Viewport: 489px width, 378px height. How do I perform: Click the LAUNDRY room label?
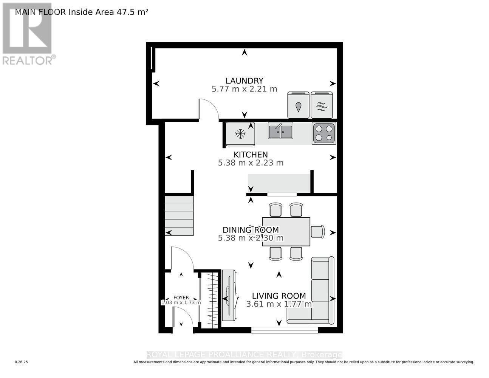[x=244, y=81]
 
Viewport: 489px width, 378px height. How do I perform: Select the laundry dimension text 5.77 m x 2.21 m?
[x=244, y=89]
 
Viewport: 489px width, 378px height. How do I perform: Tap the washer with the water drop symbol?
[x=299, y=105]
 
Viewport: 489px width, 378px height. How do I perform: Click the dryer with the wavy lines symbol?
[x=322, y=105]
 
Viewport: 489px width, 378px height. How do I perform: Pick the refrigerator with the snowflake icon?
[x=240, y=133]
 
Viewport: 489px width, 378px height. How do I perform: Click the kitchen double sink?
[x=280, y=130]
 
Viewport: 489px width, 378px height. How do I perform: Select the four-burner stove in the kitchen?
[x=324, y=133]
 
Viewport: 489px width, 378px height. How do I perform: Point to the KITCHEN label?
[x=251, y=155]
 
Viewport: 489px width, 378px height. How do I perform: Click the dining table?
[x=286, y=231]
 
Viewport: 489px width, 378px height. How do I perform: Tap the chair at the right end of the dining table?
[x=317, y=231]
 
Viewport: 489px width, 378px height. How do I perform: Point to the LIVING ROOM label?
[x=279, y=296]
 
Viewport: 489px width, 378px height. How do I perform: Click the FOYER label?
[x=181, y=298]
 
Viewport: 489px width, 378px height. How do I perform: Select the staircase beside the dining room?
[x=179, y=215]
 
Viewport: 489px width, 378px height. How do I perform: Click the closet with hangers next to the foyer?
[x=210, y=299]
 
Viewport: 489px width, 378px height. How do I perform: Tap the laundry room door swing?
[x=209, y=110]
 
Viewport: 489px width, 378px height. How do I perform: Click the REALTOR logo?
[x=28, y=34]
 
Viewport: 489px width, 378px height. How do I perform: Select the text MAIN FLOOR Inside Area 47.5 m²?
[x=82, y=12]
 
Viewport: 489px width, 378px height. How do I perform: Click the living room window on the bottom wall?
[x=285, y=330]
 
